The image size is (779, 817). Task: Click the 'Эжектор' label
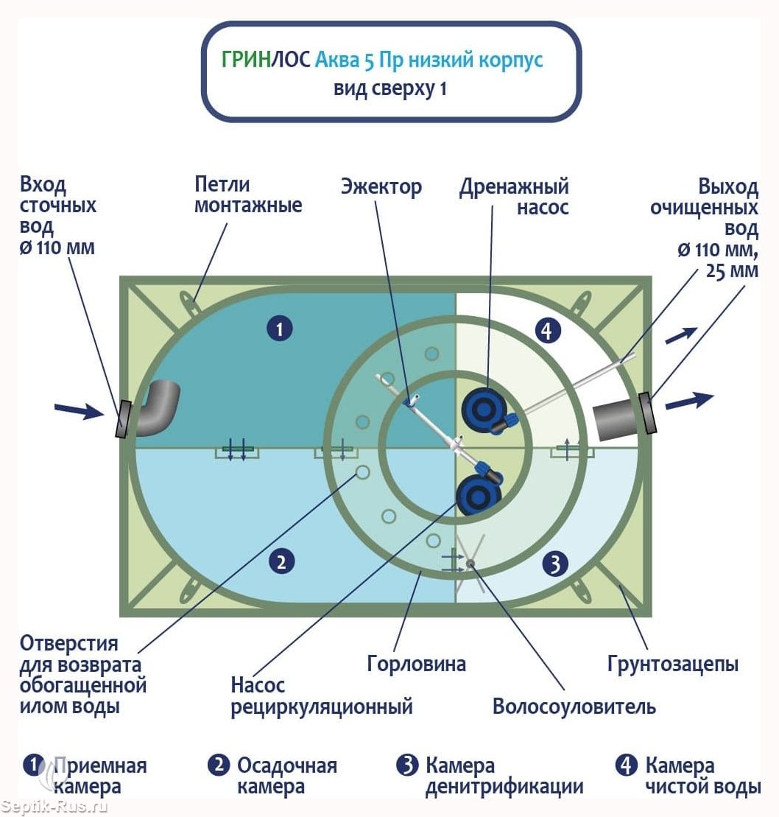[381, 186]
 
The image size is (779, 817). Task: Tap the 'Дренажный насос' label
[514, 197]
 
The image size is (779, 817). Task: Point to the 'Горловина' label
[416, 664]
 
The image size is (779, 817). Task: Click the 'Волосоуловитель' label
[574, 707]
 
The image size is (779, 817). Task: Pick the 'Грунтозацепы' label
[672, 664]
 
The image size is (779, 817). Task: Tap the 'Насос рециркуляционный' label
[321, 696]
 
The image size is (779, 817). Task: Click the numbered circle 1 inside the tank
[280, 329]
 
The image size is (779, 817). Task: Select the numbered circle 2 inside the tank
[281, 562]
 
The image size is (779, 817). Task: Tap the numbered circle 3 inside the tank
[554, 564]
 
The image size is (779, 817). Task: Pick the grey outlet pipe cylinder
[616, 421]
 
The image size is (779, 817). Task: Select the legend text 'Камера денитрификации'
[504, 776]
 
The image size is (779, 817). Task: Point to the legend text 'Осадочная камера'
[286, 776]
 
